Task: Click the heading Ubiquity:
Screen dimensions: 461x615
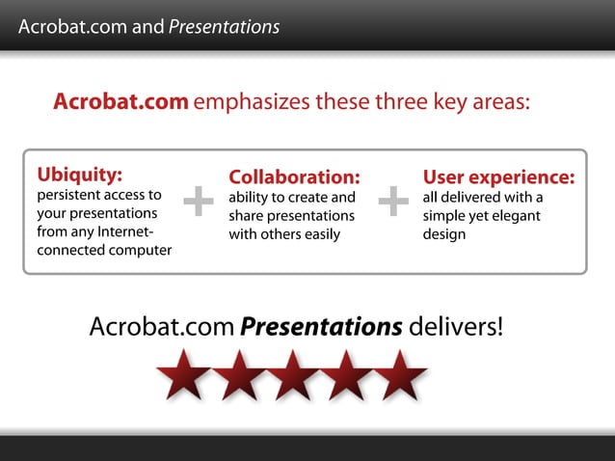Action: [x=80, y=175]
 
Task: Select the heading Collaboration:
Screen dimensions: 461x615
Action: [x=294, y=177]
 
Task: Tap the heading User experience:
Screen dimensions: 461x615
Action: [x=498, y=177]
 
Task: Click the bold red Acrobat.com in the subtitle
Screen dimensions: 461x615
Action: [x=120, y=101]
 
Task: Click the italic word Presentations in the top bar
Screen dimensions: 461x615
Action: [x=224, y=27]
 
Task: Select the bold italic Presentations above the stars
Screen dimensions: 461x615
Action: [x=321, y=327]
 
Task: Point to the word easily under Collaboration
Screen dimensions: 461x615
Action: [x=320, y=234]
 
